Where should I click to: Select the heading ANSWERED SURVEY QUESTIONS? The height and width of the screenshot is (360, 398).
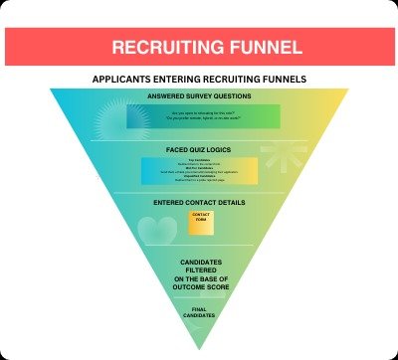[199, 96]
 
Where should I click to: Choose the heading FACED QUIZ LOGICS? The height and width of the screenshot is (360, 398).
[199, 148]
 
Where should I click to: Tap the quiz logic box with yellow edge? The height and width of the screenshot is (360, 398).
[199, 169]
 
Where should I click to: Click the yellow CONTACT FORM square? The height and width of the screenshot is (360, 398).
[200, 223]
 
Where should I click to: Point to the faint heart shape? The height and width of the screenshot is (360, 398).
[154, 232]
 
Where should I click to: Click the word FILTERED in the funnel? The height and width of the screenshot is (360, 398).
[200, 271]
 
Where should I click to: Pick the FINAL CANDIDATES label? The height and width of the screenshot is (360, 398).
[200, 313]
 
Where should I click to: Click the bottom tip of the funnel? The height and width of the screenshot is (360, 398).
[200, 345]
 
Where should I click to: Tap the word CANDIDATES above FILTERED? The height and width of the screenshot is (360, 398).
[200, 263]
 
